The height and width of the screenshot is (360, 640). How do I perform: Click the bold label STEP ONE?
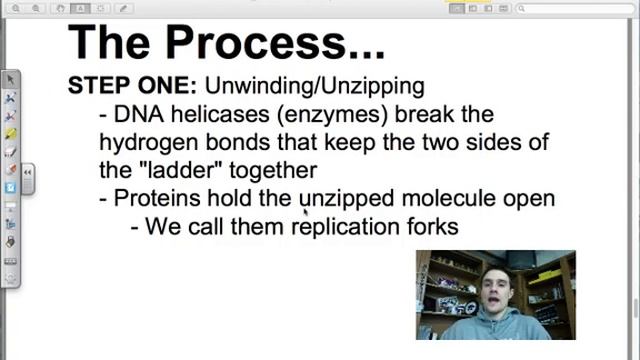131,86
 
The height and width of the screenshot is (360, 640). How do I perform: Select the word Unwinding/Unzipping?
314,86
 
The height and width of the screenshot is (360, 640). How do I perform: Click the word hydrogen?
144,142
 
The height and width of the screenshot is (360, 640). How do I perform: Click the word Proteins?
156,198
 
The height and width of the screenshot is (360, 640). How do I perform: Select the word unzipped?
347,198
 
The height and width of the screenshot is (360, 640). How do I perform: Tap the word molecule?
448,198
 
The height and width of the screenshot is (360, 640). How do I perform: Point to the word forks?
432,226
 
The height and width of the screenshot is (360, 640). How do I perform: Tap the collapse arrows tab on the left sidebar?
28,173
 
